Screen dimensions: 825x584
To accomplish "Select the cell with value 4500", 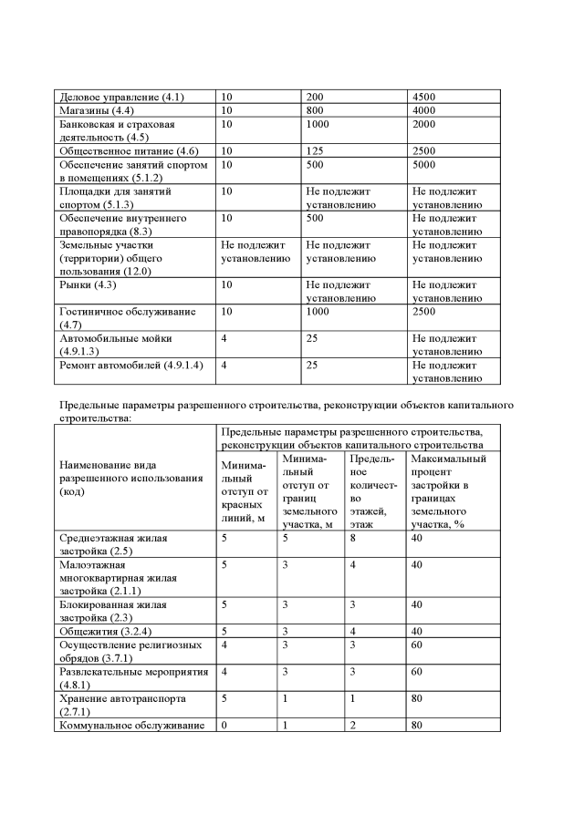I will [425, 96].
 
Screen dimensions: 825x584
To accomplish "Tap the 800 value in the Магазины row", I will [315, 109].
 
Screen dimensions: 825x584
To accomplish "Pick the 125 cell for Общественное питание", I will [315, 150].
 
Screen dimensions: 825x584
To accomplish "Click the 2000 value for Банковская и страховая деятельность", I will [425, 123].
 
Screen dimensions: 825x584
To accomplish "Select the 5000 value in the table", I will [425, 165].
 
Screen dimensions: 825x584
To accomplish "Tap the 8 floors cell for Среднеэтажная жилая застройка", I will [352, 538].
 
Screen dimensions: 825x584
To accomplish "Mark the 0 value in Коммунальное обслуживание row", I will [224, 726].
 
